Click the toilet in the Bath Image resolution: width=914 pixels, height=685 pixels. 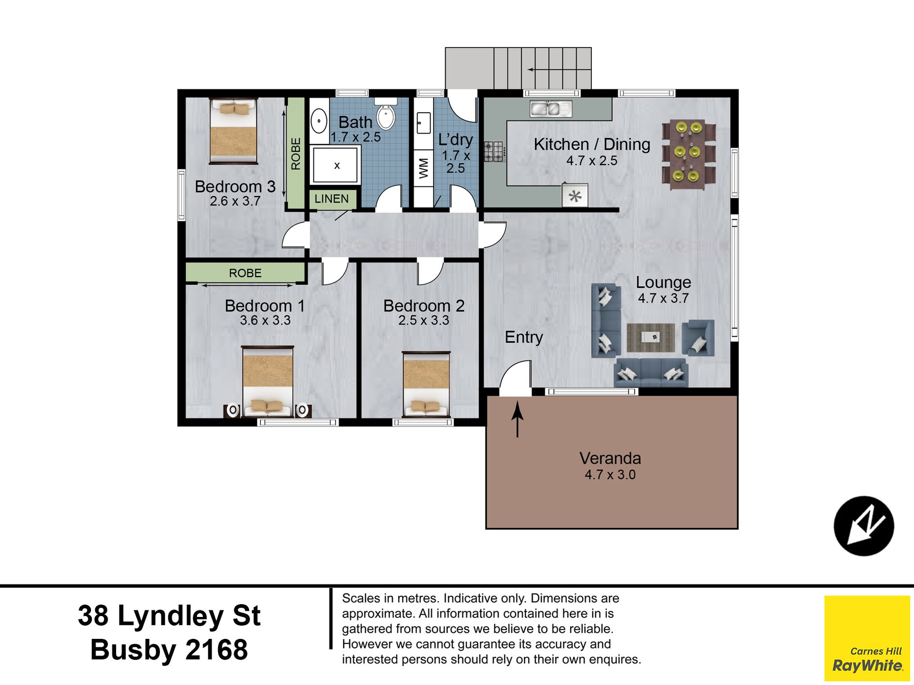[x=386, y=114]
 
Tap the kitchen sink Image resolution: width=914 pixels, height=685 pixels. [x=551, y=109]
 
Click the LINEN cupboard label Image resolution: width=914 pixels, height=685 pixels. [x=331, y=199]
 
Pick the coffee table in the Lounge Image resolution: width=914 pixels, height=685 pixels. [x=651, y=337]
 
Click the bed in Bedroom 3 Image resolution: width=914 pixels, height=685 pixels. [x=233, y=131]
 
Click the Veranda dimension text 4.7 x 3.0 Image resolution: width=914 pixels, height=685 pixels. [x=610, y=475]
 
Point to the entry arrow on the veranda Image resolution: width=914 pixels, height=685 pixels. [x=517, y=419]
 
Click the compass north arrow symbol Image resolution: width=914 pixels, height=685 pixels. [x=864, y=526]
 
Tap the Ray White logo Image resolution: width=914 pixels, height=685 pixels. [x=867, y=638]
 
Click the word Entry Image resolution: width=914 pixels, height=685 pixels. [x=524, y=337]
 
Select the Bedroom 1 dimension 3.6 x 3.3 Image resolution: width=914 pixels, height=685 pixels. [x=265, y=321]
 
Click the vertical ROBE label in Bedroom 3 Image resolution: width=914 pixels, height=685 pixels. [x=296, y=154]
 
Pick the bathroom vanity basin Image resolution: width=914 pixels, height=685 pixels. [x=319, y=121]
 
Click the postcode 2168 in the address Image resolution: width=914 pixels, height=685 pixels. [x=217, y=650]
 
